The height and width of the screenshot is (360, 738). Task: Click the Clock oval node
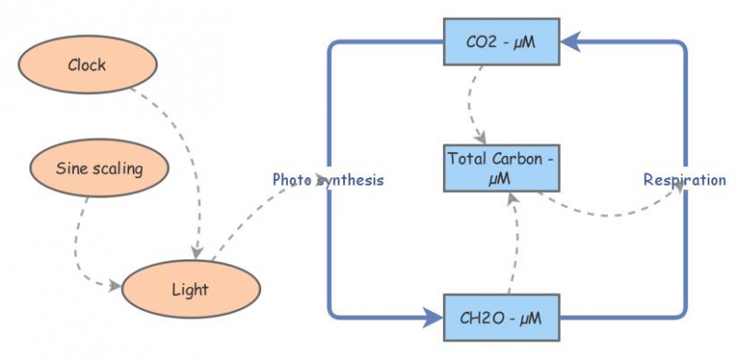[x=87, y=65]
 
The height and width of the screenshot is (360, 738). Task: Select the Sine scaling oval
[x=87, y=169]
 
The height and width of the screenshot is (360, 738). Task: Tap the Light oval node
[x=190, y=289]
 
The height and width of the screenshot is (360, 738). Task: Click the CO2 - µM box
[x=502, y=42]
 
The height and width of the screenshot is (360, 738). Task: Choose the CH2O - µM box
[x=502, y=318]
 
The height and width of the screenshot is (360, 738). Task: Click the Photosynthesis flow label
[x=327, y=180]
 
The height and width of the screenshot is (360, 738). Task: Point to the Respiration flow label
[x=684, y=180]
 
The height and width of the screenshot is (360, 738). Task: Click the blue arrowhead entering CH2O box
[x=433, y=318]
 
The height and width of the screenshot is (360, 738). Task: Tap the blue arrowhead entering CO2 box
[x=571, y=41]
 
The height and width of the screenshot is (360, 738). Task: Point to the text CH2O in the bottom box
[x=481, y=318]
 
